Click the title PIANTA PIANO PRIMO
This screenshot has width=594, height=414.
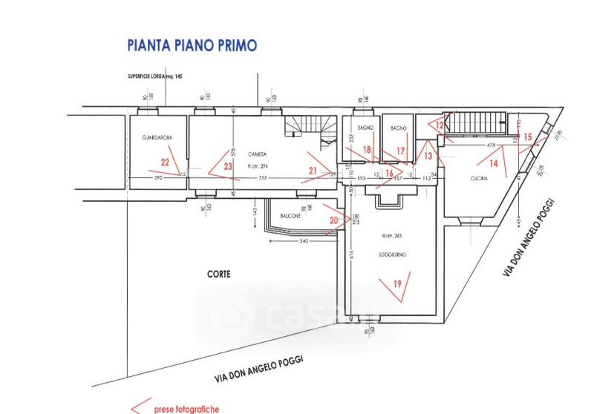click(192, 45)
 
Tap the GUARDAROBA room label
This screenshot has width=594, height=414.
click(157, 139)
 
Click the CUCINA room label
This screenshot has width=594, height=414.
click(479, 180)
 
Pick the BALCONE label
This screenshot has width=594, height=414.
click(290, 216)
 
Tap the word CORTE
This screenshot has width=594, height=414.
click(219, 274)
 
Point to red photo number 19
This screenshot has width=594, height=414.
click(398, 283)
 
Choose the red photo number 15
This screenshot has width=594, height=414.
click(528, 136)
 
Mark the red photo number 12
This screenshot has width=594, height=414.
click(440, 126)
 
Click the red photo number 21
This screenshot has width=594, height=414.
click(313, 171)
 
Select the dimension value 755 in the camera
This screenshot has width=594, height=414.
click(262, 179)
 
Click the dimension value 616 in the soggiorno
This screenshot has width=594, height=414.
click(351, 254)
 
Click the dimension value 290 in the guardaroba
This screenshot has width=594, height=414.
click(157, 179)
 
